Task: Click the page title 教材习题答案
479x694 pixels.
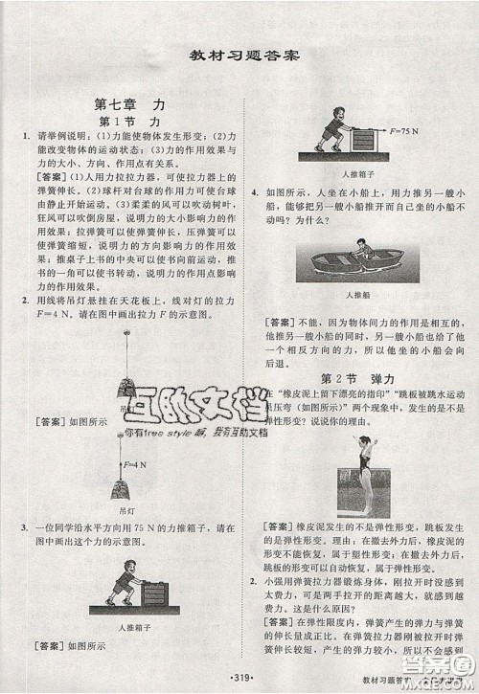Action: point(239,54)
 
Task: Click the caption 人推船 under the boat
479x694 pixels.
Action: point(356,295)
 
